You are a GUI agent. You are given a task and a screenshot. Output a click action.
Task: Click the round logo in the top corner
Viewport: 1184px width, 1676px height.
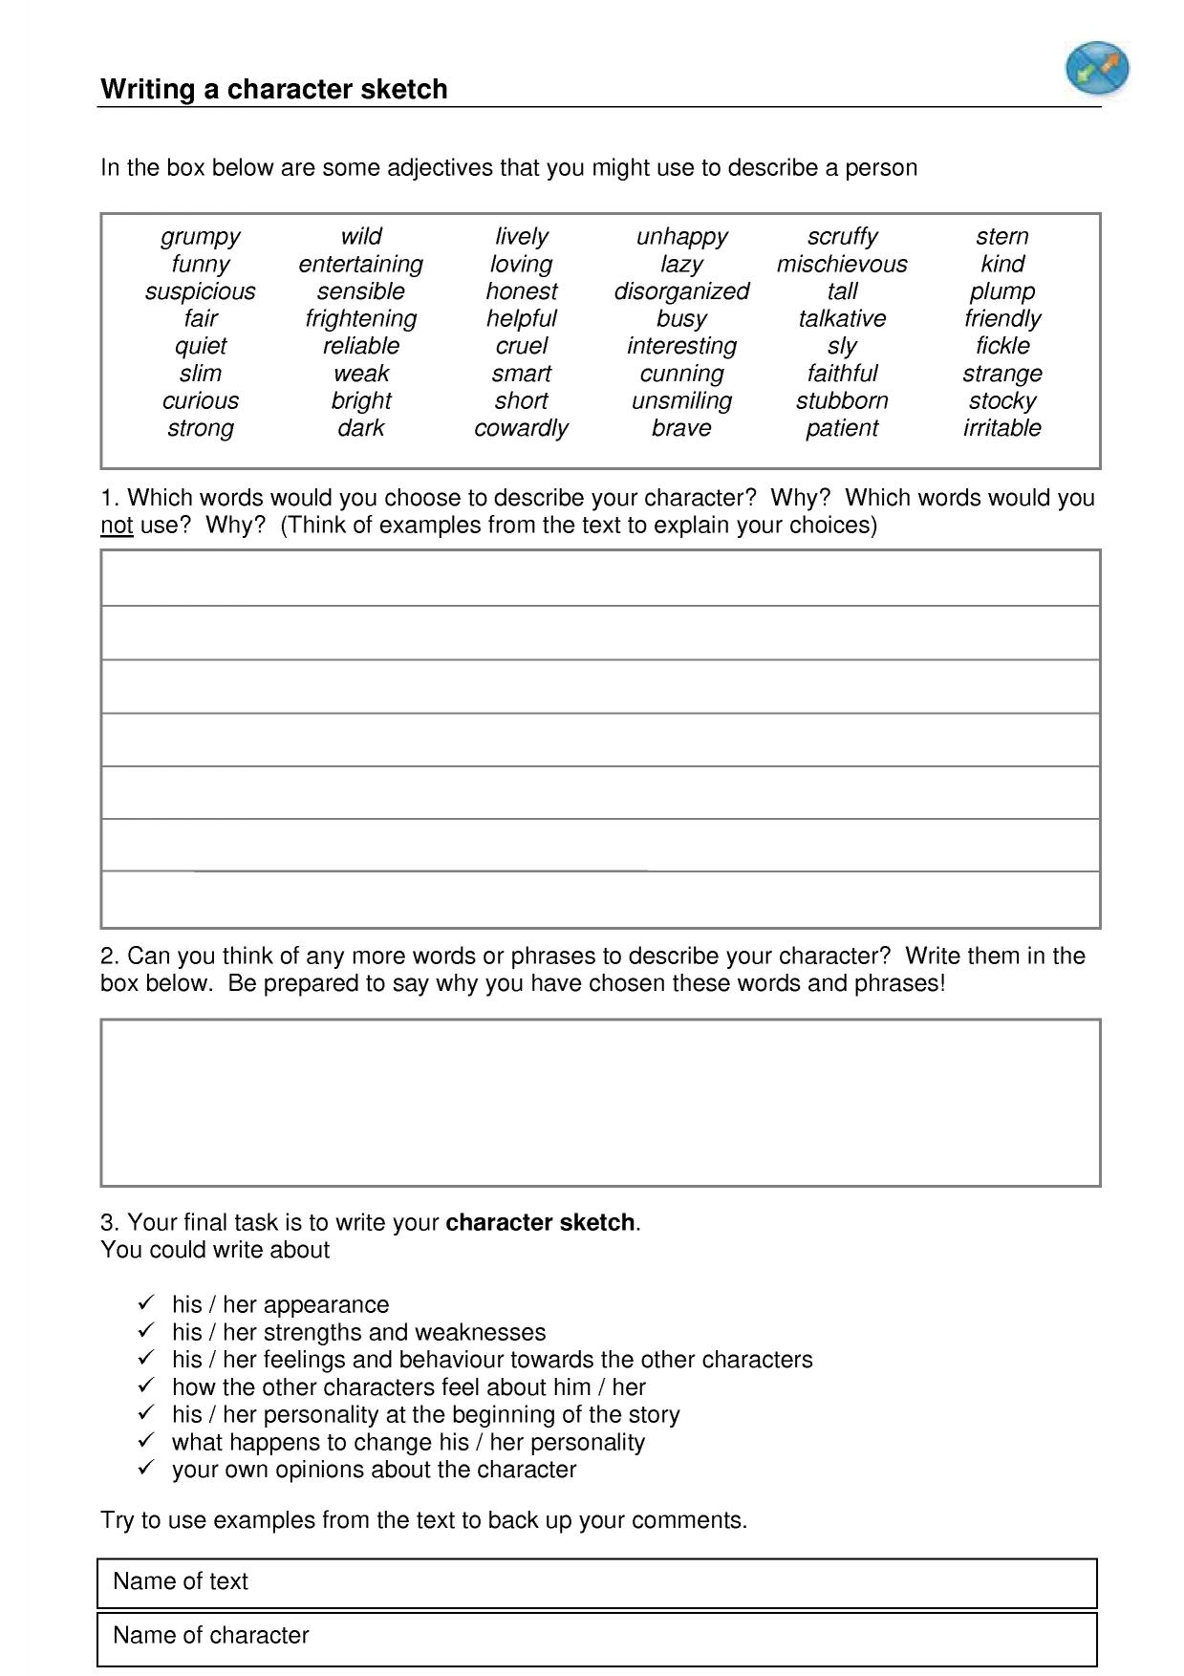pyautogui.click(x=1097, y=69)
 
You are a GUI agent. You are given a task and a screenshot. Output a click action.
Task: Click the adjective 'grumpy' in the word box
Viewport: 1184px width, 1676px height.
pyautogui.click(x=200, y=236)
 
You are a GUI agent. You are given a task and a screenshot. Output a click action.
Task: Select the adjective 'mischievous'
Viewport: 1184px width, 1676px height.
pyautogui.click(x=841, y=264)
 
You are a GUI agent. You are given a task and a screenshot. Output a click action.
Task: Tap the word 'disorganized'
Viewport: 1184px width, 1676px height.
pyautogui.click(x=681, y=291)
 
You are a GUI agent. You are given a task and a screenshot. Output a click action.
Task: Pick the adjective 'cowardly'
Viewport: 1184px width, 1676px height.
pyautogui.click(x=521, y=428)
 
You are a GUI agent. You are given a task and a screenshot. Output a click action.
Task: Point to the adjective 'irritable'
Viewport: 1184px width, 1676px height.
pyautogui.click(x=1001, y=428)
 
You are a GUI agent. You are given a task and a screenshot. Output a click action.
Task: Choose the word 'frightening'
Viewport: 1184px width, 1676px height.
pyautogui.click(x=360, y=318)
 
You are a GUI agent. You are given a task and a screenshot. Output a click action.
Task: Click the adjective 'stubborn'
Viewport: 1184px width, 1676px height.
pyautogui.click(x=841, y=400)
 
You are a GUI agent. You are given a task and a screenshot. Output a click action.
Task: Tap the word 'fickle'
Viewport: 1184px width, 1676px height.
pyautogui.click(x=1001, y=346)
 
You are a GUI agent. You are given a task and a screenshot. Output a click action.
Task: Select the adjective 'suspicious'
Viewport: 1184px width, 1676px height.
pyautogui.click(x=200, y=291)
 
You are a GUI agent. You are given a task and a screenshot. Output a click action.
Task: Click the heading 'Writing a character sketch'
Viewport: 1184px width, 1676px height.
pyautogui.click(x=274, y=89)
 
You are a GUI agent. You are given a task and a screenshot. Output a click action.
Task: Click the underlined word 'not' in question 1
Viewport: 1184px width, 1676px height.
pyautogui.click(x=117, y=526)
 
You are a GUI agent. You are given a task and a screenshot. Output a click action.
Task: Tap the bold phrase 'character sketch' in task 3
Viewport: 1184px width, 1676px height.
pyautogui.click(x=540, y=1223)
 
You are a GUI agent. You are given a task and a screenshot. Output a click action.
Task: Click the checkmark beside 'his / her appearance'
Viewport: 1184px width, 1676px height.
pyautogui.click(x=146, y=1302)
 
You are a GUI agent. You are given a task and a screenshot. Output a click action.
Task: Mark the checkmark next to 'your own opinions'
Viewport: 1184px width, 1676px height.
pyautogui.click(x=146, y=1468)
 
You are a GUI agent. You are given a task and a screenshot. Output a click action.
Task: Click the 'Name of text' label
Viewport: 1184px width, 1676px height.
pyautogui.click(x=180, y=1581)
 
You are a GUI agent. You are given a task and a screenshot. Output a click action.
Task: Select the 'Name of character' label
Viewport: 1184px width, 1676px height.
pyautogui.click(x=210, y=1635)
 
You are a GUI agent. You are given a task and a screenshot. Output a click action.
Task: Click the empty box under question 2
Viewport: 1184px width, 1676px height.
pyautogui.click(x=600, y=1103)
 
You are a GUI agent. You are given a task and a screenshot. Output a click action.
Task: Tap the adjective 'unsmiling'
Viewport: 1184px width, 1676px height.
pyautogui.click(x=681, y=400)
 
